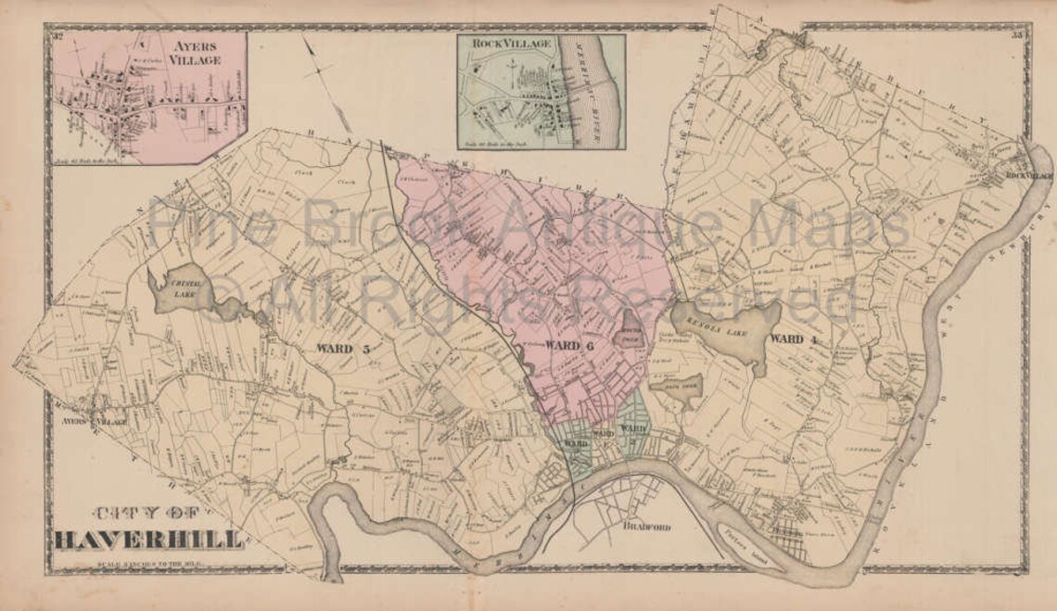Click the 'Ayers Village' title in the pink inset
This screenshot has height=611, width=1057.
(195, 52)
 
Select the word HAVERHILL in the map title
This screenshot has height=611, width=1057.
(149, 540)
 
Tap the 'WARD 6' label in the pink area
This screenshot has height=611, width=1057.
(568, 346)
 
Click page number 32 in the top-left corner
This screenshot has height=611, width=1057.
(57, 36)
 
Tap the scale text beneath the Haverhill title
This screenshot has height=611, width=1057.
(148, 559)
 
